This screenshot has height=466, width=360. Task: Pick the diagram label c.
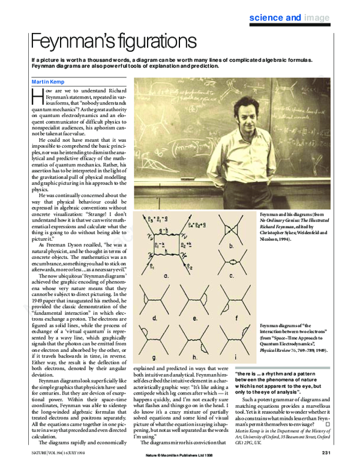point(232,276)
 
